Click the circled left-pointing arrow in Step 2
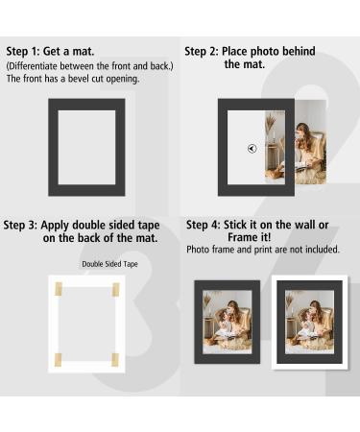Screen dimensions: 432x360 coord(252,149)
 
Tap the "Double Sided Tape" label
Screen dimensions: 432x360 coord(109,264)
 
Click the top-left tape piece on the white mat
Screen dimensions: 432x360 coord(58,288)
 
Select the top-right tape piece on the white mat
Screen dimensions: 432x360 coord(115,288)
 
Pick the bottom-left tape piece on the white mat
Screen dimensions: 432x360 coord(58,359)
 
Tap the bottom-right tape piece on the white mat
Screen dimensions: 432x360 coord(115,359)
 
